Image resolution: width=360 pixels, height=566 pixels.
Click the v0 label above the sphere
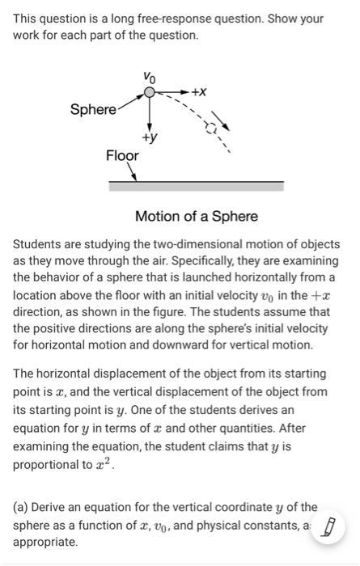coord(149,77)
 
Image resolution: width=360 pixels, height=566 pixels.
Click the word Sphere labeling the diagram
coord(93,109)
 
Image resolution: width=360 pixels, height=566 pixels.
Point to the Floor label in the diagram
coord(122,155)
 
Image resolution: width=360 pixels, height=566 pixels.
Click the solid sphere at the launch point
coord(149,94)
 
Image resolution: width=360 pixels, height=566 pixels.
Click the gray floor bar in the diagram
coord(197,186)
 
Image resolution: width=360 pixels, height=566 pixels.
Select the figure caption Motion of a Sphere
coord(197,216)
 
